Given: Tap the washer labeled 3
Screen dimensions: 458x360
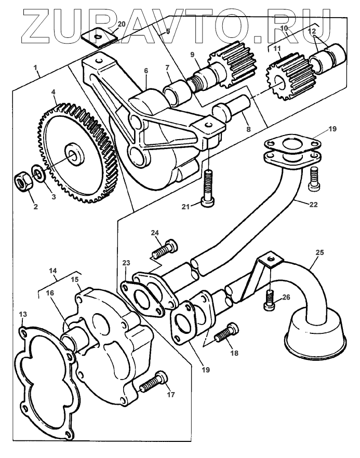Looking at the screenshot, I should point(37,172).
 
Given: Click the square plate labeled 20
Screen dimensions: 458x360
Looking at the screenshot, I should point(99,38).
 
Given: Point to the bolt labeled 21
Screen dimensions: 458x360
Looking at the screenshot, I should point(209,187).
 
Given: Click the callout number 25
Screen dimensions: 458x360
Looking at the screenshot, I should point(319,252).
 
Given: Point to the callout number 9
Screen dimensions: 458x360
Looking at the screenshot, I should point(192,53).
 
